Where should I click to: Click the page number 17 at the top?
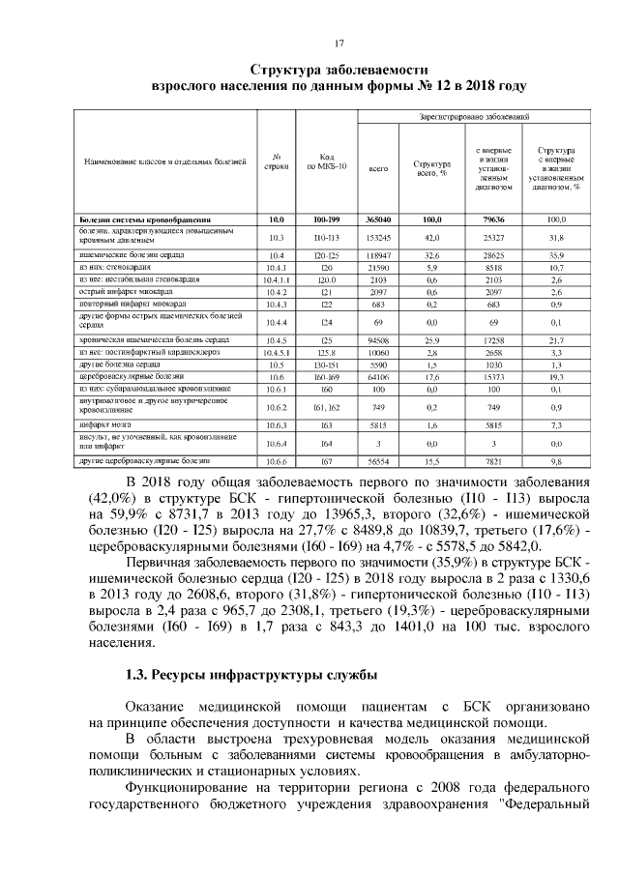pos(339,44)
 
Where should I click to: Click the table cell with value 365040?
pos(378,220)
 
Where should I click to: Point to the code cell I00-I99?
pos(326,220)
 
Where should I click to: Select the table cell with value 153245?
pos(378,237)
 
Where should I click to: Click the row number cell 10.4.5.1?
pos(277,354)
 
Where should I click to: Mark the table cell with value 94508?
pos(378,341)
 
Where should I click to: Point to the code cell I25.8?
pos(326,354)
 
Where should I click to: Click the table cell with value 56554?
pos(378,462)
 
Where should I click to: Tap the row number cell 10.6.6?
pos(277,462)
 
